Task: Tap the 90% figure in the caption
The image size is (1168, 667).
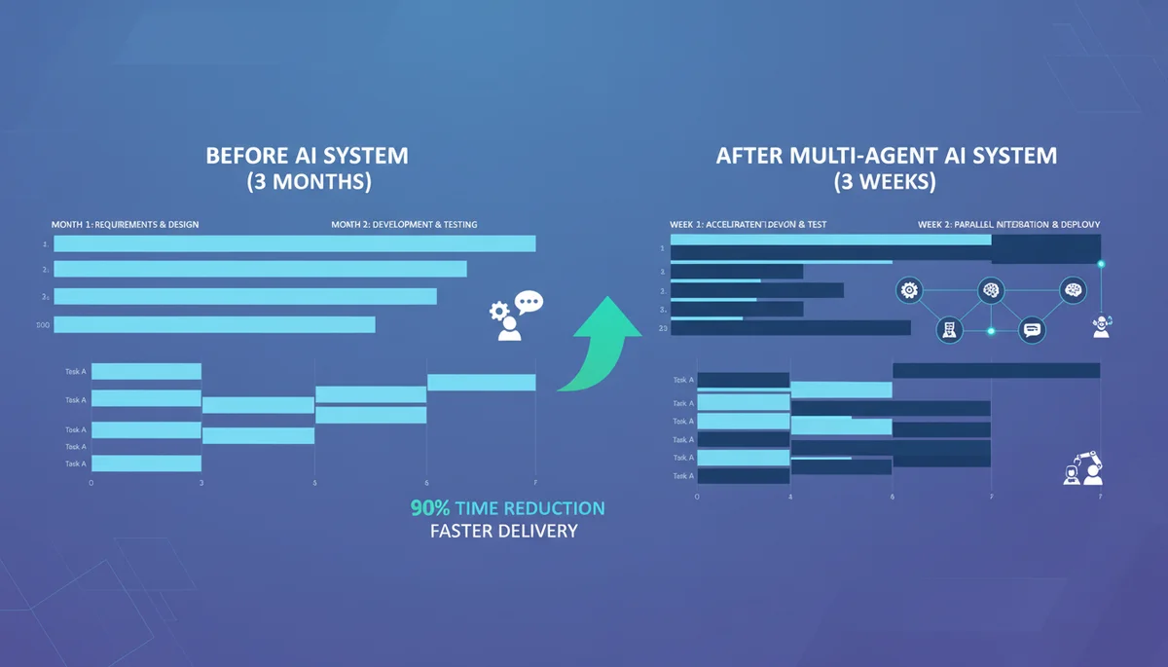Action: click(x=429, y=508)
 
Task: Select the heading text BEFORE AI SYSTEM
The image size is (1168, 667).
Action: click(x=307, y=156)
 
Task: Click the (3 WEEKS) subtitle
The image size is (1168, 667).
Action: click(x=886, y=181)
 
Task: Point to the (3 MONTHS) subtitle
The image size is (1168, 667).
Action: click(x=307, y=182)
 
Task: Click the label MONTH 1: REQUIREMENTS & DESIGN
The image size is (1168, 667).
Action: click(x=125, y=225)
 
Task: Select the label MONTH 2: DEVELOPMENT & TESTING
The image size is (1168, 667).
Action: click(x=404, y=225)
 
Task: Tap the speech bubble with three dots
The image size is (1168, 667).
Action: click(x=529, y=304)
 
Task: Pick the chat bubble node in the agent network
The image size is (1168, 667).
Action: click(x=1032, y=330)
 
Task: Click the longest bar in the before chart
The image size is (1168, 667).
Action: click(x=294, y=243)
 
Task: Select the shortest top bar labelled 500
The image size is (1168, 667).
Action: click(x=214, y=325)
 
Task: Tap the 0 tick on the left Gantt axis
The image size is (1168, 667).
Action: click(x=91, y=482)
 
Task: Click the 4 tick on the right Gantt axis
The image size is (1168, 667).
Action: click(x=790, y=497)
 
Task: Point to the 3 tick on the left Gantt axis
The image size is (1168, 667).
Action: click(x=201, y=482)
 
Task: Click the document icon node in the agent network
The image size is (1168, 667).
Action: click(x=948, y=329)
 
